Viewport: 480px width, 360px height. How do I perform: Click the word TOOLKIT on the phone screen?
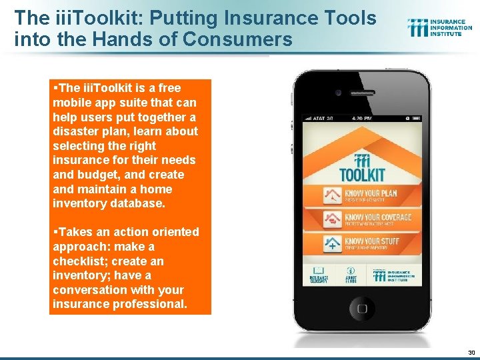(363, 175)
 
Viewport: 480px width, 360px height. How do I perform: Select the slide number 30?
(471, 352)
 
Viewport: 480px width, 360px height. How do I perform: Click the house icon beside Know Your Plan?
(331, 196)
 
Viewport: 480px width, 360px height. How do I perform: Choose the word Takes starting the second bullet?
(75, 232)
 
